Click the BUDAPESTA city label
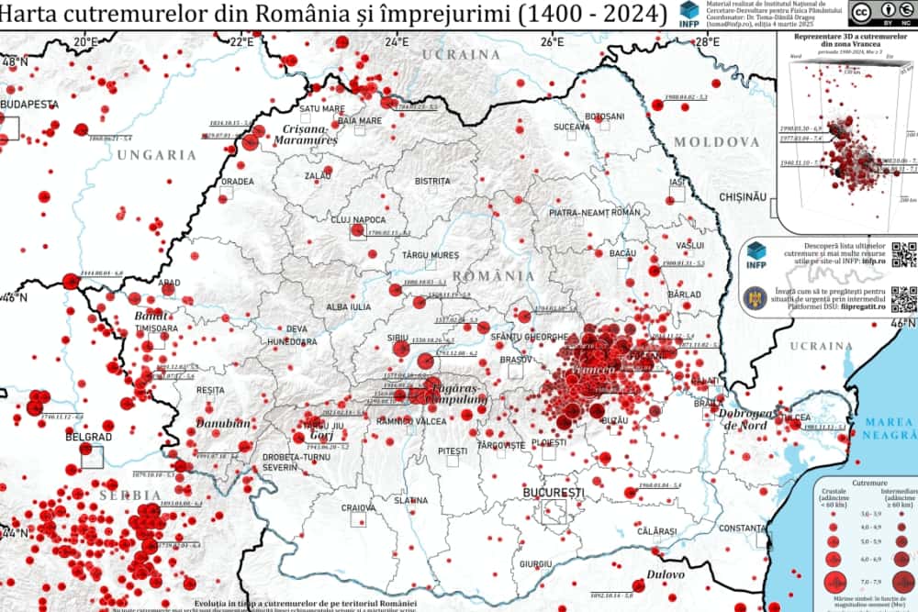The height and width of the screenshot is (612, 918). point(29,105)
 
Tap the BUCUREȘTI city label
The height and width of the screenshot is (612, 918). point(553,493)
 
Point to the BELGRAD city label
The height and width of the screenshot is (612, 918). point(87,437)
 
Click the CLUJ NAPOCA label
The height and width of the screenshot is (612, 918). point(358,220)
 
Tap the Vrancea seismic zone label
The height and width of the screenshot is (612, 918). point(593,370)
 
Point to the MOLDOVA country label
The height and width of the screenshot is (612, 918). point(717,142)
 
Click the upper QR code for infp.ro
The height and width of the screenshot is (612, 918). point(903,253)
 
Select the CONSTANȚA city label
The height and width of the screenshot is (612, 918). point(742,529)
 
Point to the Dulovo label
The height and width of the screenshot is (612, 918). point(665,574)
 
